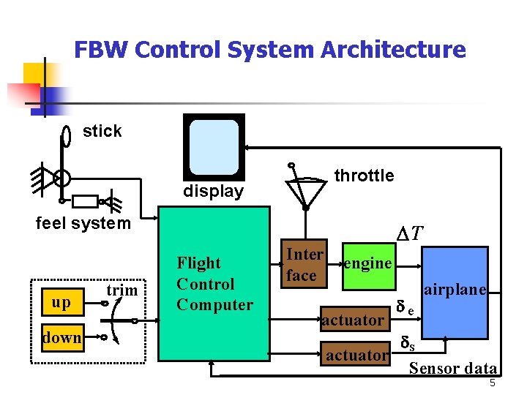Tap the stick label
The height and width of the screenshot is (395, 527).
click(x=102, y=131)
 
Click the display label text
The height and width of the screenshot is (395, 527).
click(x=213, y=192)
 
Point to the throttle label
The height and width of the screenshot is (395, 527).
click(x=364, y=176)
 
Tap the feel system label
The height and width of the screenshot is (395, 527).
click(x=83, y=223)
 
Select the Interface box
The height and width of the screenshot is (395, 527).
click(x=304, y=265)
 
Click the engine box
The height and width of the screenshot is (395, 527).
click(x=368, y=263)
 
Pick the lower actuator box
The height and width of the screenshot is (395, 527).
click(x=357, y=355)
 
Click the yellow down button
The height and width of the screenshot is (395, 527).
click(x=61, y=337)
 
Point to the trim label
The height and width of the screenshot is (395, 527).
click(x=122, y=290)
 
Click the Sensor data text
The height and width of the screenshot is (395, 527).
click(x=452, y=369)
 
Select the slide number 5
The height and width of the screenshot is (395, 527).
click(x=493, y=384)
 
